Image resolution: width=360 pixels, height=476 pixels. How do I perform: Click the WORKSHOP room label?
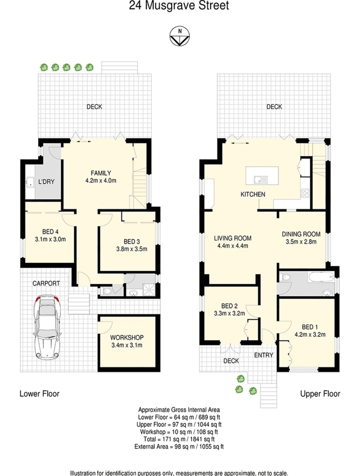127,337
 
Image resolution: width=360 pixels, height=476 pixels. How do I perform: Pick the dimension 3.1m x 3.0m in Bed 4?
50,239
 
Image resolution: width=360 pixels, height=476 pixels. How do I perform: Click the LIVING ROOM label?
233,238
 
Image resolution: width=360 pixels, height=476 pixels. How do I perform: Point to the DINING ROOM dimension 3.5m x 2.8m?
301,242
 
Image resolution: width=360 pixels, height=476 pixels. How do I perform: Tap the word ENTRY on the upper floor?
264,355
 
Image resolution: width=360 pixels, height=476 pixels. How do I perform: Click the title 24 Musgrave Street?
179,6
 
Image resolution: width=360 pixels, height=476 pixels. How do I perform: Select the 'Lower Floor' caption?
40,394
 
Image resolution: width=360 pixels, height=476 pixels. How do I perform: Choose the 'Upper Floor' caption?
320,394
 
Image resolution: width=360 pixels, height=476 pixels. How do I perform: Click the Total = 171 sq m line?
179,439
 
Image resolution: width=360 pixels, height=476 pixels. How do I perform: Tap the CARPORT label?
46,283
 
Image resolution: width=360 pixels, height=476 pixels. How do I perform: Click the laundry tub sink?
31,182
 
